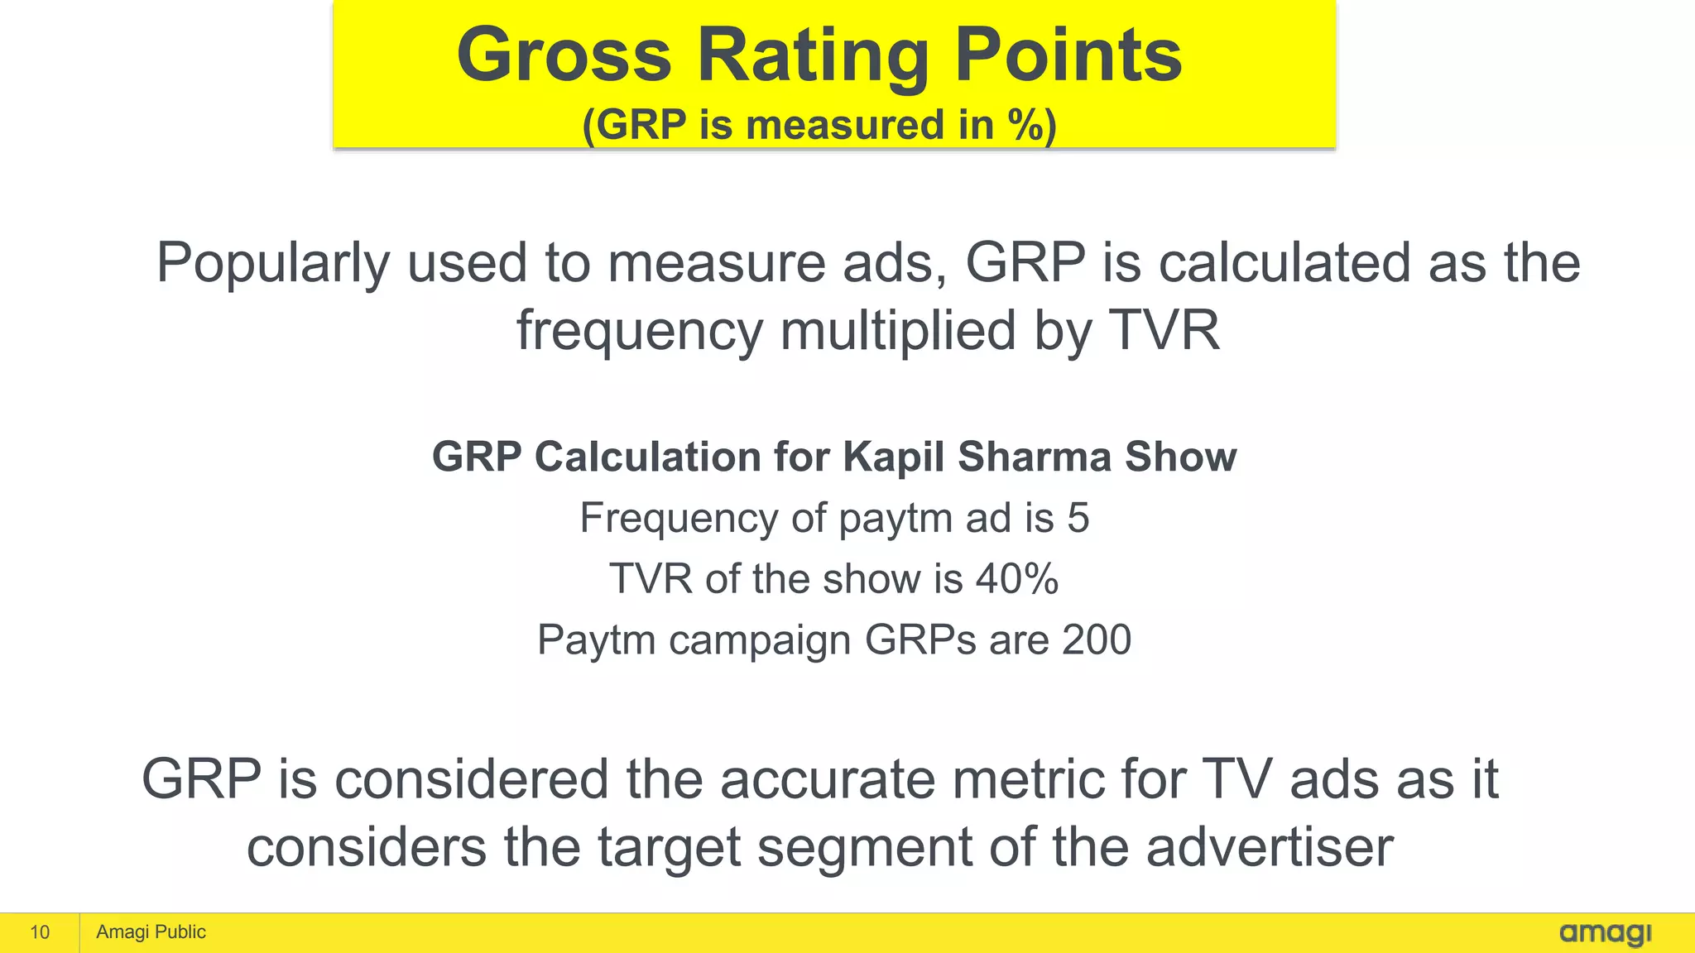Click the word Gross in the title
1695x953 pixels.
(564, 55)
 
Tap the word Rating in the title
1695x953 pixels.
(813, 56)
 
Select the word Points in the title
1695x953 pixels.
(1068, 55)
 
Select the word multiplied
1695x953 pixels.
(898, 331)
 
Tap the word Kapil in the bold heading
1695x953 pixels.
(893, 457)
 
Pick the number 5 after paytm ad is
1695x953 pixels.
(1078, 518)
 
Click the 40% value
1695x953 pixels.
(1017, 578)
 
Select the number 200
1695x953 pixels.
(1097, 639)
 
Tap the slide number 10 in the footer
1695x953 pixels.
(40, 932)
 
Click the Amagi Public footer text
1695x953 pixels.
(151, 932)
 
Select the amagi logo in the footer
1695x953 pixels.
(1605, 933)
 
